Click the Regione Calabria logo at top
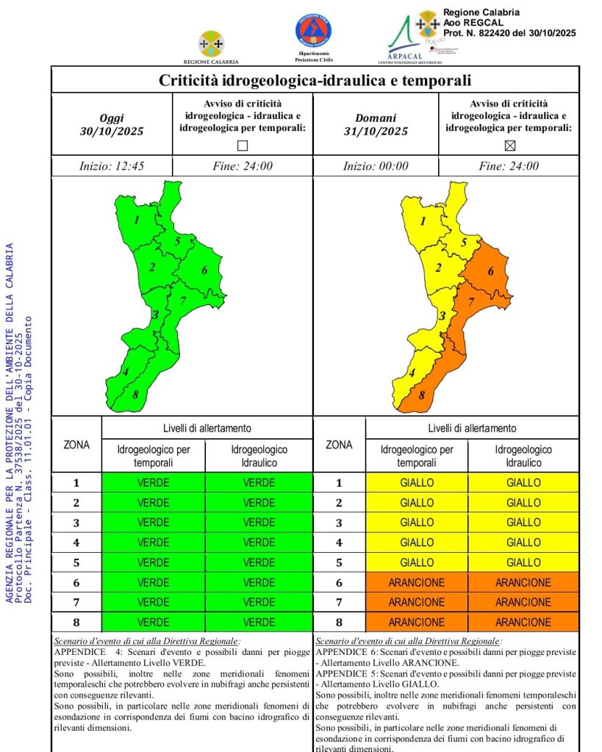(x=211, y=43)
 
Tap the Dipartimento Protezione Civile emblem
(x=313, y=32)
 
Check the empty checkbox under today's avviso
(x=243, y=146)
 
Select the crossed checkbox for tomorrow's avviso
(x=509, y=146)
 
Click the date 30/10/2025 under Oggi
(x=112, y=132)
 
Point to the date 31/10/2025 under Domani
(x=376, y=132)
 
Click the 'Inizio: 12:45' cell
(x=112, y=166)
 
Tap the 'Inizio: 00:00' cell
(x=376, y=166)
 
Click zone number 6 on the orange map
(x=491, y=272)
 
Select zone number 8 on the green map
(x=136, y=395)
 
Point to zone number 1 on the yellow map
(x=423, y=220)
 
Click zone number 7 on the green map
(x=182, y=301)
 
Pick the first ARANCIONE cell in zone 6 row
(x=416, y=582)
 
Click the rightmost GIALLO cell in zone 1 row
(x=523, y=483)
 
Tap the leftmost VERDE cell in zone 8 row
(x=153, y=622)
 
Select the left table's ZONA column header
(x=77, y=445)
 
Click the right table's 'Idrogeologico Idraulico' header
(x=523, y=456)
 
